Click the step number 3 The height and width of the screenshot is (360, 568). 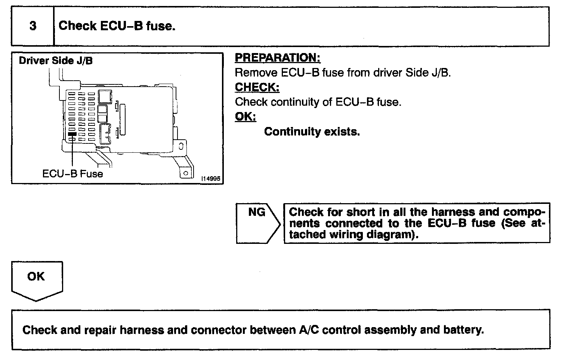point(33,26)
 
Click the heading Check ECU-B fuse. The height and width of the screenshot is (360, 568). point(117,26)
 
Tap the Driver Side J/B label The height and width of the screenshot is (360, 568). point(56,60)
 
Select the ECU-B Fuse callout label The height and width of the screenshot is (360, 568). point(72,174)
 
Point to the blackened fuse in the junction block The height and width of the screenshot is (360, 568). point(72,133)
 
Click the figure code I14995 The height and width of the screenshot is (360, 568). point(211,179)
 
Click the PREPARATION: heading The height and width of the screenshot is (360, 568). point(278,58)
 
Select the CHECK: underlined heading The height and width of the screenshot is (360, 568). point(257,87)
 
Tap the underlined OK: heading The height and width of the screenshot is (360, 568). point(245,117)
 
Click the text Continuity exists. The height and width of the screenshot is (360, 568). point(312,131)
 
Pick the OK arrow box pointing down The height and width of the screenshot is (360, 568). point(36,280)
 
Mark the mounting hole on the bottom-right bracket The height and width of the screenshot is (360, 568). point(185,173)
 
